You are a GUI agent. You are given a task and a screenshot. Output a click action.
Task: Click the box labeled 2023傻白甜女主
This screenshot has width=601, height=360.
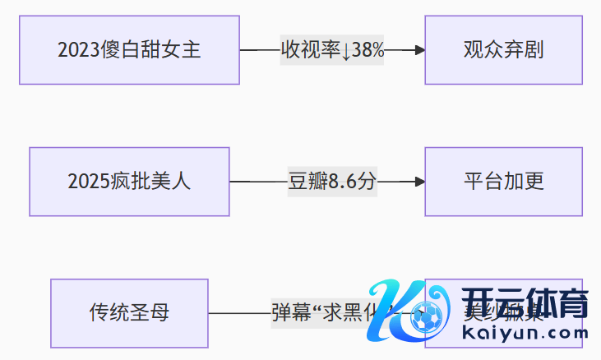(x=129, y=50)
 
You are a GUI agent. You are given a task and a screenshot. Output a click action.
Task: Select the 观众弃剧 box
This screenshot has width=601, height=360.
(x=503, y=50)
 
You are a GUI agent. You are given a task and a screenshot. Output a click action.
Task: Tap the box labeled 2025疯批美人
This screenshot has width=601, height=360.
(x=129, y=182)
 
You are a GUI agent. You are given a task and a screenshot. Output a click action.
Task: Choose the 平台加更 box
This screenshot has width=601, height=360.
(x=503, y=182)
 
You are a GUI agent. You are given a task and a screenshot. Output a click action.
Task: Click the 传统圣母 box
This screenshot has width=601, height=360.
(x=129, y=313)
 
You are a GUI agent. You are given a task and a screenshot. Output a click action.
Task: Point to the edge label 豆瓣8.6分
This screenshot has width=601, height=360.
(x=331, y=182)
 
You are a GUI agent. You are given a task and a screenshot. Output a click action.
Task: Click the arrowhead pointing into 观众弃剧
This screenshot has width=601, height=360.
(x=420, y=50)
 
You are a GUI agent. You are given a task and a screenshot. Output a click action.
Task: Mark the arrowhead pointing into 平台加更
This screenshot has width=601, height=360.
(x=420, y=182)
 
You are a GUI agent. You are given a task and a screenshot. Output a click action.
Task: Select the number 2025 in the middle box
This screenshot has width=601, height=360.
(x=89, y=182)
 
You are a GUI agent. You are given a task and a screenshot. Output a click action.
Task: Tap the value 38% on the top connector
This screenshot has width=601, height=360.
(x=368, y=50)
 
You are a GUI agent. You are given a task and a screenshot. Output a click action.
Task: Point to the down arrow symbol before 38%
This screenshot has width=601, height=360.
(x=346, y=50)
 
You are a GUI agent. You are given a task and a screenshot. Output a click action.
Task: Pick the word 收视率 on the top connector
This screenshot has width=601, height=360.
(x=310, y=50)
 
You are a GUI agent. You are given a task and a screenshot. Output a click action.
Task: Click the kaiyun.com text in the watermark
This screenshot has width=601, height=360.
(x=526, y=333)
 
